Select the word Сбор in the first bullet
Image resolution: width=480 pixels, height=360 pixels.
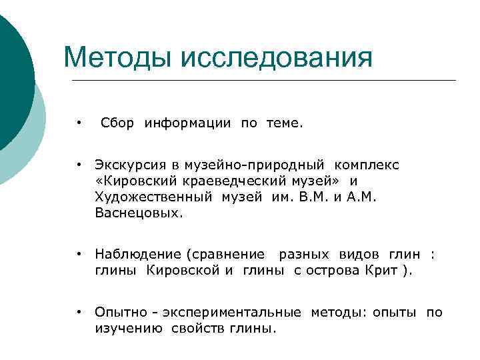[117, 123]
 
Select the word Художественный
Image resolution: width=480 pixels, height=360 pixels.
[153, 198]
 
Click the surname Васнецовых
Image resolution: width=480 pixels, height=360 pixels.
[138, 215]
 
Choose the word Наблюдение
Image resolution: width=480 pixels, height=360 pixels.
[138, 254]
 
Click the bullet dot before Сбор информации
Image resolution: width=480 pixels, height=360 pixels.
[79, 123]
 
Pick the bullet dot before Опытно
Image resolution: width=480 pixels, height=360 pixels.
[79, 312]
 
